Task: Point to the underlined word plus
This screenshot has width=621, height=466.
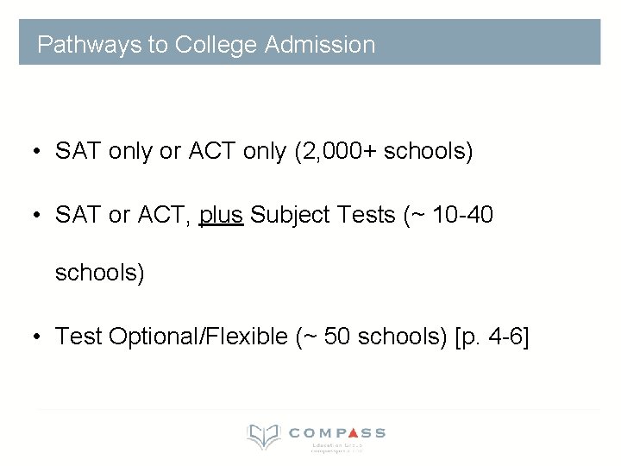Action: [x=222, y=214]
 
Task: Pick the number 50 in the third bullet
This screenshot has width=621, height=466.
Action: [x=338, y=336]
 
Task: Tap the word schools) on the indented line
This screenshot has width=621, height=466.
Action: [x=100, y=274]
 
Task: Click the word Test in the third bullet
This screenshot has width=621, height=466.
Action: [x=78, y=336]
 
